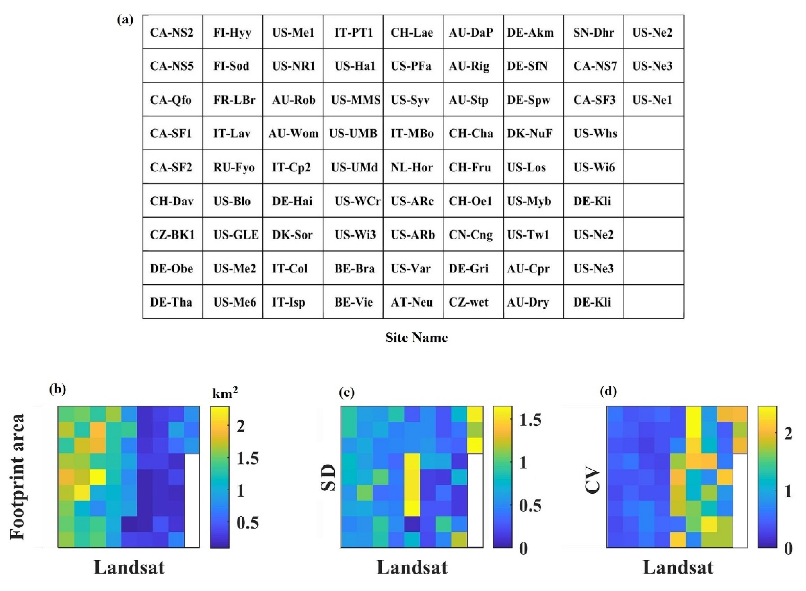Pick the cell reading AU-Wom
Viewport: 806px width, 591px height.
click(x=293, y=133)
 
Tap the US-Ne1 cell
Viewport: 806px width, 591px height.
click(x=652, y=100)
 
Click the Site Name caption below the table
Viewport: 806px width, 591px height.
click(x=416, y=337)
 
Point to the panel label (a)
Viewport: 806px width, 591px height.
click(x=125, y=20)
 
